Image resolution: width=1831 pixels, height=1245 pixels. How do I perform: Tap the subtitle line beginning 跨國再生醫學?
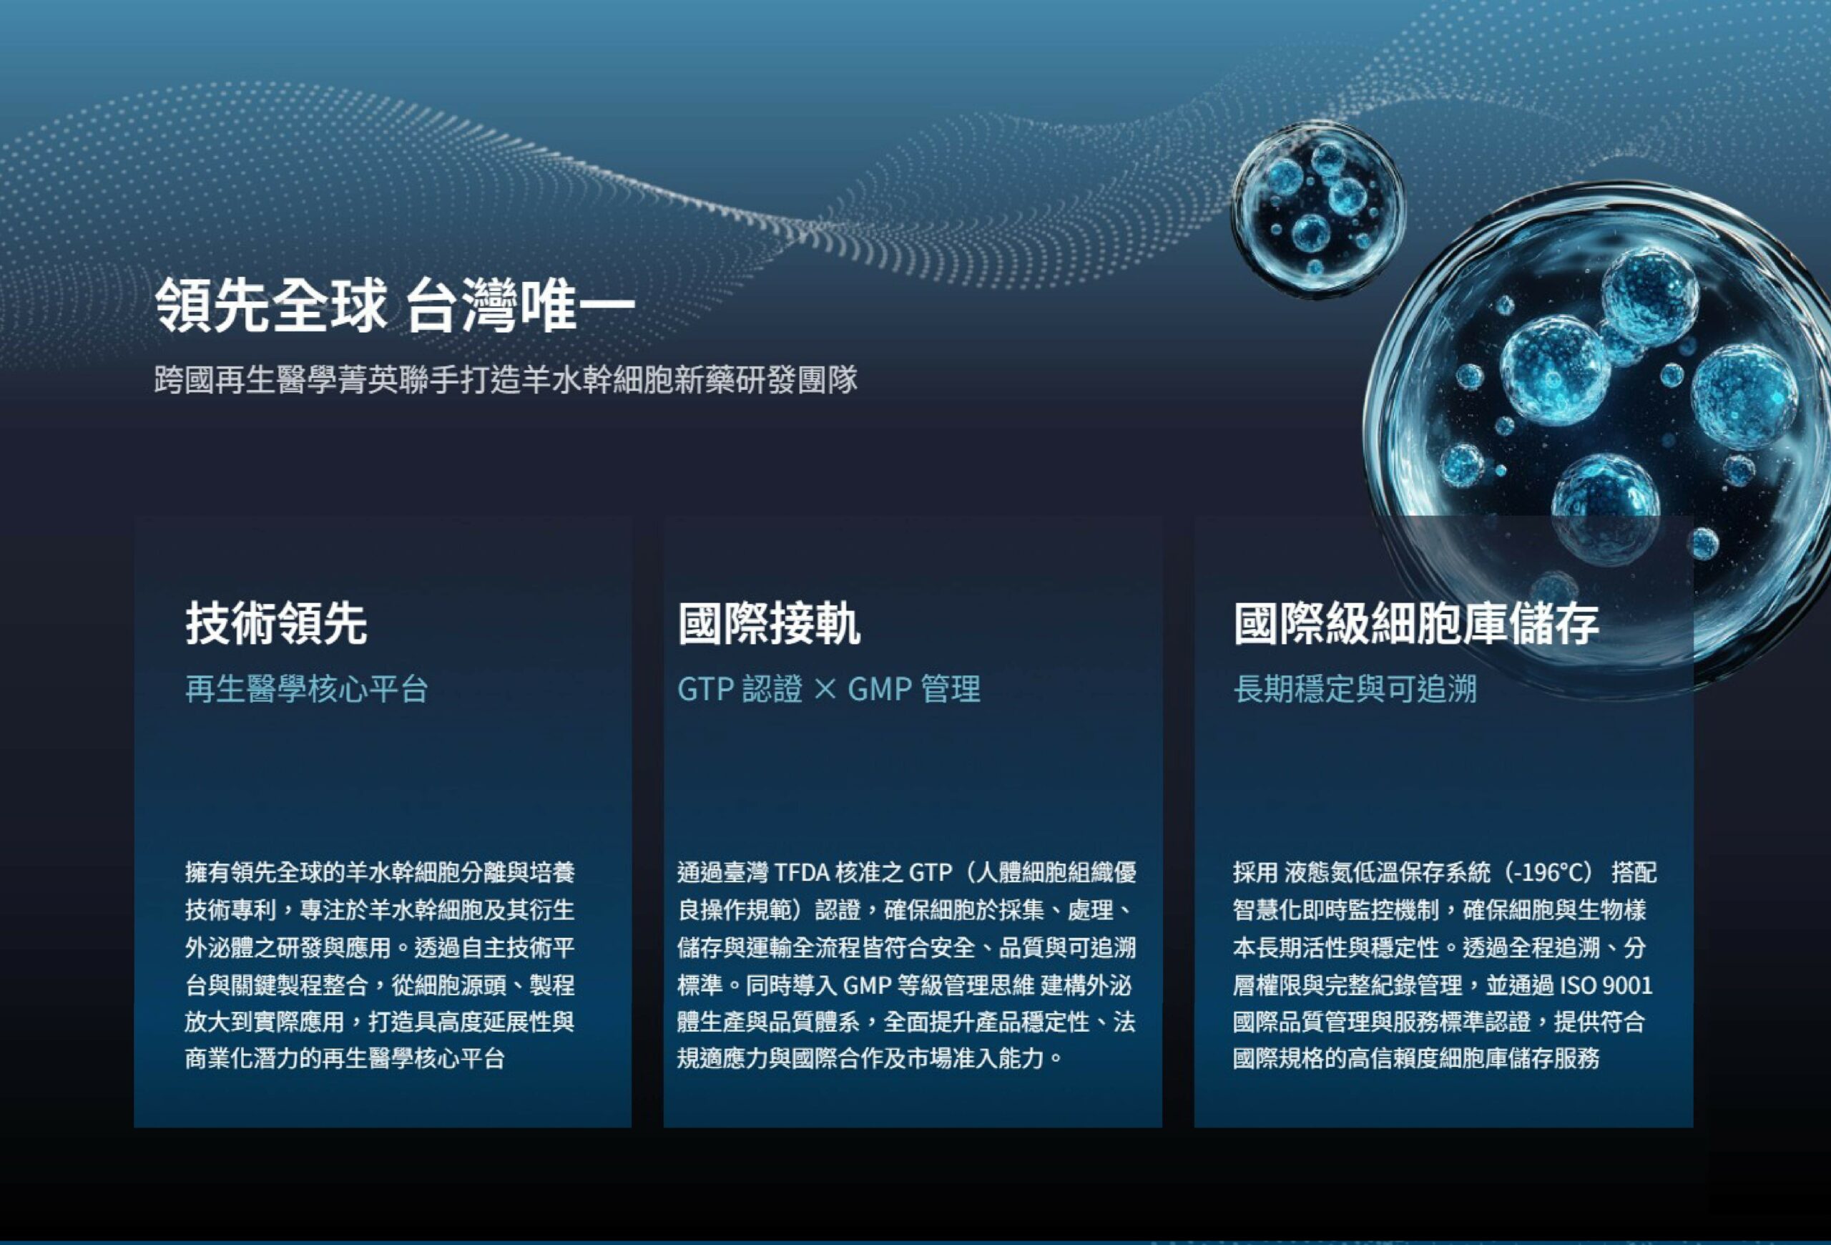coord(506,380)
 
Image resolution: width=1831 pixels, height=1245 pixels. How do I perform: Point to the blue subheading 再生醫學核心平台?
coord(307,689)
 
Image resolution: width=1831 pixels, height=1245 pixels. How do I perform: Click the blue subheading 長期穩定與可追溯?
coord(1355,689)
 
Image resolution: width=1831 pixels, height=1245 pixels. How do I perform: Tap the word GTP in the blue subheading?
coord(705,690)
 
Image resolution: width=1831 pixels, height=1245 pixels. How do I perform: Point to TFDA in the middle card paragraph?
coord(802,873)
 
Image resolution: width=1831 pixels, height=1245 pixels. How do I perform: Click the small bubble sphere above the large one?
coord(1317,210)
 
